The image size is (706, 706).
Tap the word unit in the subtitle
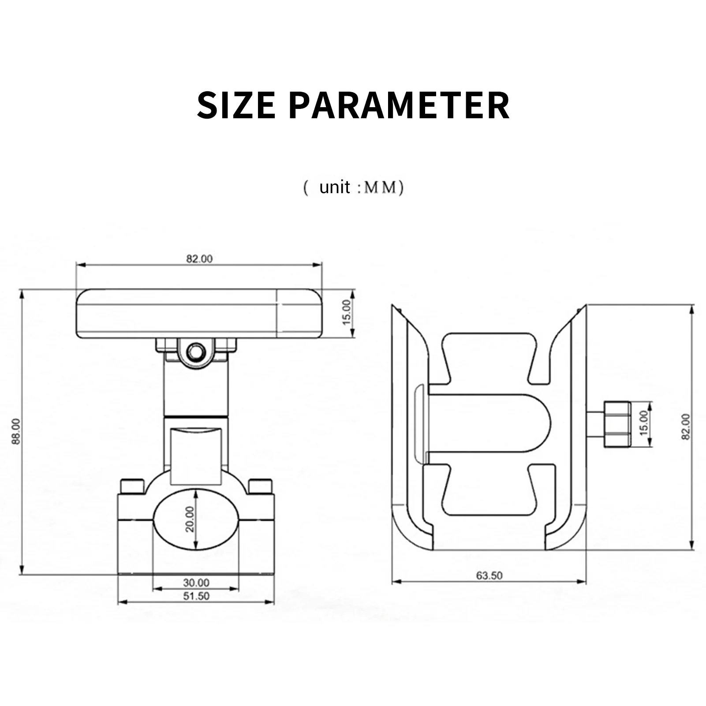335,187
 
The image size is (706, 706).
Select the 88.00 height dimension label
16,431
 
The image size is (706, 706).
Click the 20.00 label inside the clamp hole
190,519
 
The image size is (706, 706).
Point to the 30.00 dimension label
196,583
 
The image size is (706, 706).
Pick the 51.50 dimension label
196,596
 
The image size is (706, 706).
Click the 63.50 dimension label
489,575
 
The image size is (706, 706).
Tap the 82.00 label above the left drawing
199,259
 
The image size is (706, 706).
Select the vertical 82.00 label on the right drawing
686,426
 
